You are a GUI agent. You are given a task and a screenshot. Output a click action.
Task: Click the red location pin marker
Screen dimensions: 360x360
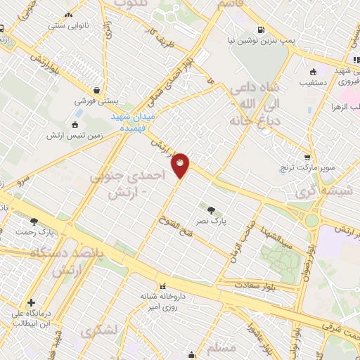[x=181, y=165]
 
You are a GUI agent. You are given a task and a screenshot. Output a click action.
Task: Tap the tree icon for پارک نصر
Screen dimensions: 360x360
[x=212, y=209]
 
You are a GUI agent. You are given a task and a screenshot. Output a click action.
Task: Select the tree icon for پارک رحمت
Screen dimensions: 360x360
[x=34, y=221]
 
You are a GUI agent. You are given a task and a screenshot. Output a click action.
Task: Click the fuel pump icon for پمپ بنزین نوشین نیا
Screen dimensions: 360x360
[x=262, y=30]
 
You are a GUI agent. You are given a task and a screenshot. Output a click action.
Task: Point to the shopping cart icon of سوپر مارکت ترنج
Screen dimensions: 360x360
[x=307, y=157]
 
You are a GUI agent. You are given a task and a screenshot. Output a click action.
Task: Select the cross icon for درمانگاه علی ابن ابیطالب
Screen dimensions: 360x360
[x=30, y=302]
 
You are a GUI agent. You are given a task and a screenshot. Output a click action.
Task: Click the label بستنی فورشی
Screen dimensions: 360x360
[x=97, y=102]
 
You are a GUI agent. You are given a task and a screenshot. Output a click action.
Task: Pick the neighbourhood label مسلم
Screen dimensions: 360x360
[x=222, y=347]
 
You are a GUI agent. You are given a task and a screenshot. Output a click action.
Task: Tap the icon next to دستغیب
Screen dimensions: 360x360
[x=313, y=72]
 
